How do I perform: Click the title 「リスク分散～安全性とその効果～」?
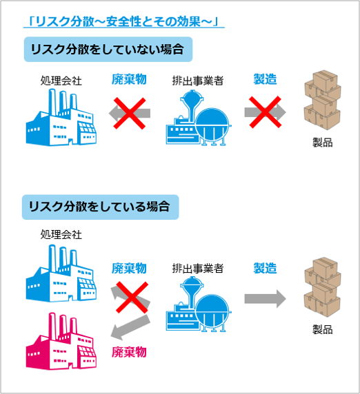click(x=123, y=21)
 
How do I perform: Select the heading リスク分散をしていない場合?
click(x=107, y=49)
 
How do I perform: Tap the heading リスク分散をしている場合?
click(x=99, y=207)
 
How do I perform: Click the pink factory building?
click(x=61, y=341)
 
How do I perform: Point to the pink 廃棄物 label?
click(x=129, y=352)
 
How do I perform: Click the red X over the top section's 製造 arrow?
click(x=265, y=112)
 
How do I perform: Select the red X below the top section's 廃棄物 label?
click(x=130, y=114)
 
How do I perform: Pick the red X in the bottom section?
click(x=132, y=298)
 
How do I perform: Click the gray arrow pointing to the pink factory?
click(x=130, y=326)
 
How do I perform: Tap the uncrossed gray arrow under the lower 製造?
click(x=265, y=298)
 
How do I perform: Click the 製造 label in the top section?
click(x=265, y=79)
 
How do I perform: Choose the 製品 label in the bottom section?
click(x=323, y=329)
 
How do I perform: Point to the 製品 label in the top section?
click(x=323, y=142)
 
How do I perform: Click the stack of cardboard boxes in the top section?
click(x=323, y=101)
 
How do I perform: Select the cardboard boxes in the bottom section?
click(x=323, y=287)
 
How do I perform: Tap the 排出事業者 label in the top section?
click(x=198, y=81)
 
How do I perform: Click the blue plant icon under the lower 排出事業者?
click(x=199, y=304)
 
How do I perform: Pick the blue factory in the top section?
click(x=61, y=117)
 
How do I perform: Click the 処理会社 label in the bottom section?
click(x=61, y=234)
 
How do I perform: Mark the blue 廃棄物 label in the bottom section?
click(x=129, y=268)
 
